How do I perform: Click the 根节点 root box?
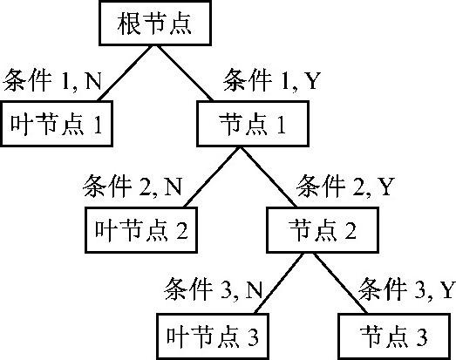click(x=155, y=24)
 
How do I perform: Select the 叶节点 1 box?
click(x=57, y=124)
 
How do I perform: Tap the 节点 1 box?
click(x=253, y=124)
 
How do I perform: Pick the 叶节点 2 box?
click(x=141, y=230)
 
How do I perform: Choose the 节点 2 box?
click(x=323, y=230)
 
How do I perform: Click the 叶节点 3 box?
click(x=213, y=336)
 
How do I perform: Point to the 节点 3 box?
click(x=394, y=336)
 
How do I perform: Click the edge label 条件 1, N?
click(x=52, y=80)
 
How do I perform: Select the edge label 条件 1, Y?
click(x=272, y=80)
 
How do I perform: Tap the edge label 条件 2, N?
click(x=133, y=187)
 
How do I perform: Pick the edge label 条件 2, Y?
click(x=345, y=187)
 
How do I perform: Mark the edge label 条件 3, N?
click(x=214, y=289)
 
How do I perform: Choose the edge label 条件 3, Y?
click(x=406, y=289)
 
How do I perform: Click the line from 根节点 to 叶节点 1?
click(x=125, y=73)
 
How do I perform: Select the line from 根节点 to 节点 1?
click(x=185, y=73)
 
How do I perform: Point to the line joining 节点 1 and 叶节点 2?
click(x=211, y=177)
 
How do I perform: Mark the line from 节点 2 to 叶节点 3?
click(x=279, y=283)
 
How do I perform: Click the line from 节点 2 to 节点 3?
click(x=341, y=283)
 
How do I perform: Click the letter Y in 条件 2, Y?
click(x=386, y=187)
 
